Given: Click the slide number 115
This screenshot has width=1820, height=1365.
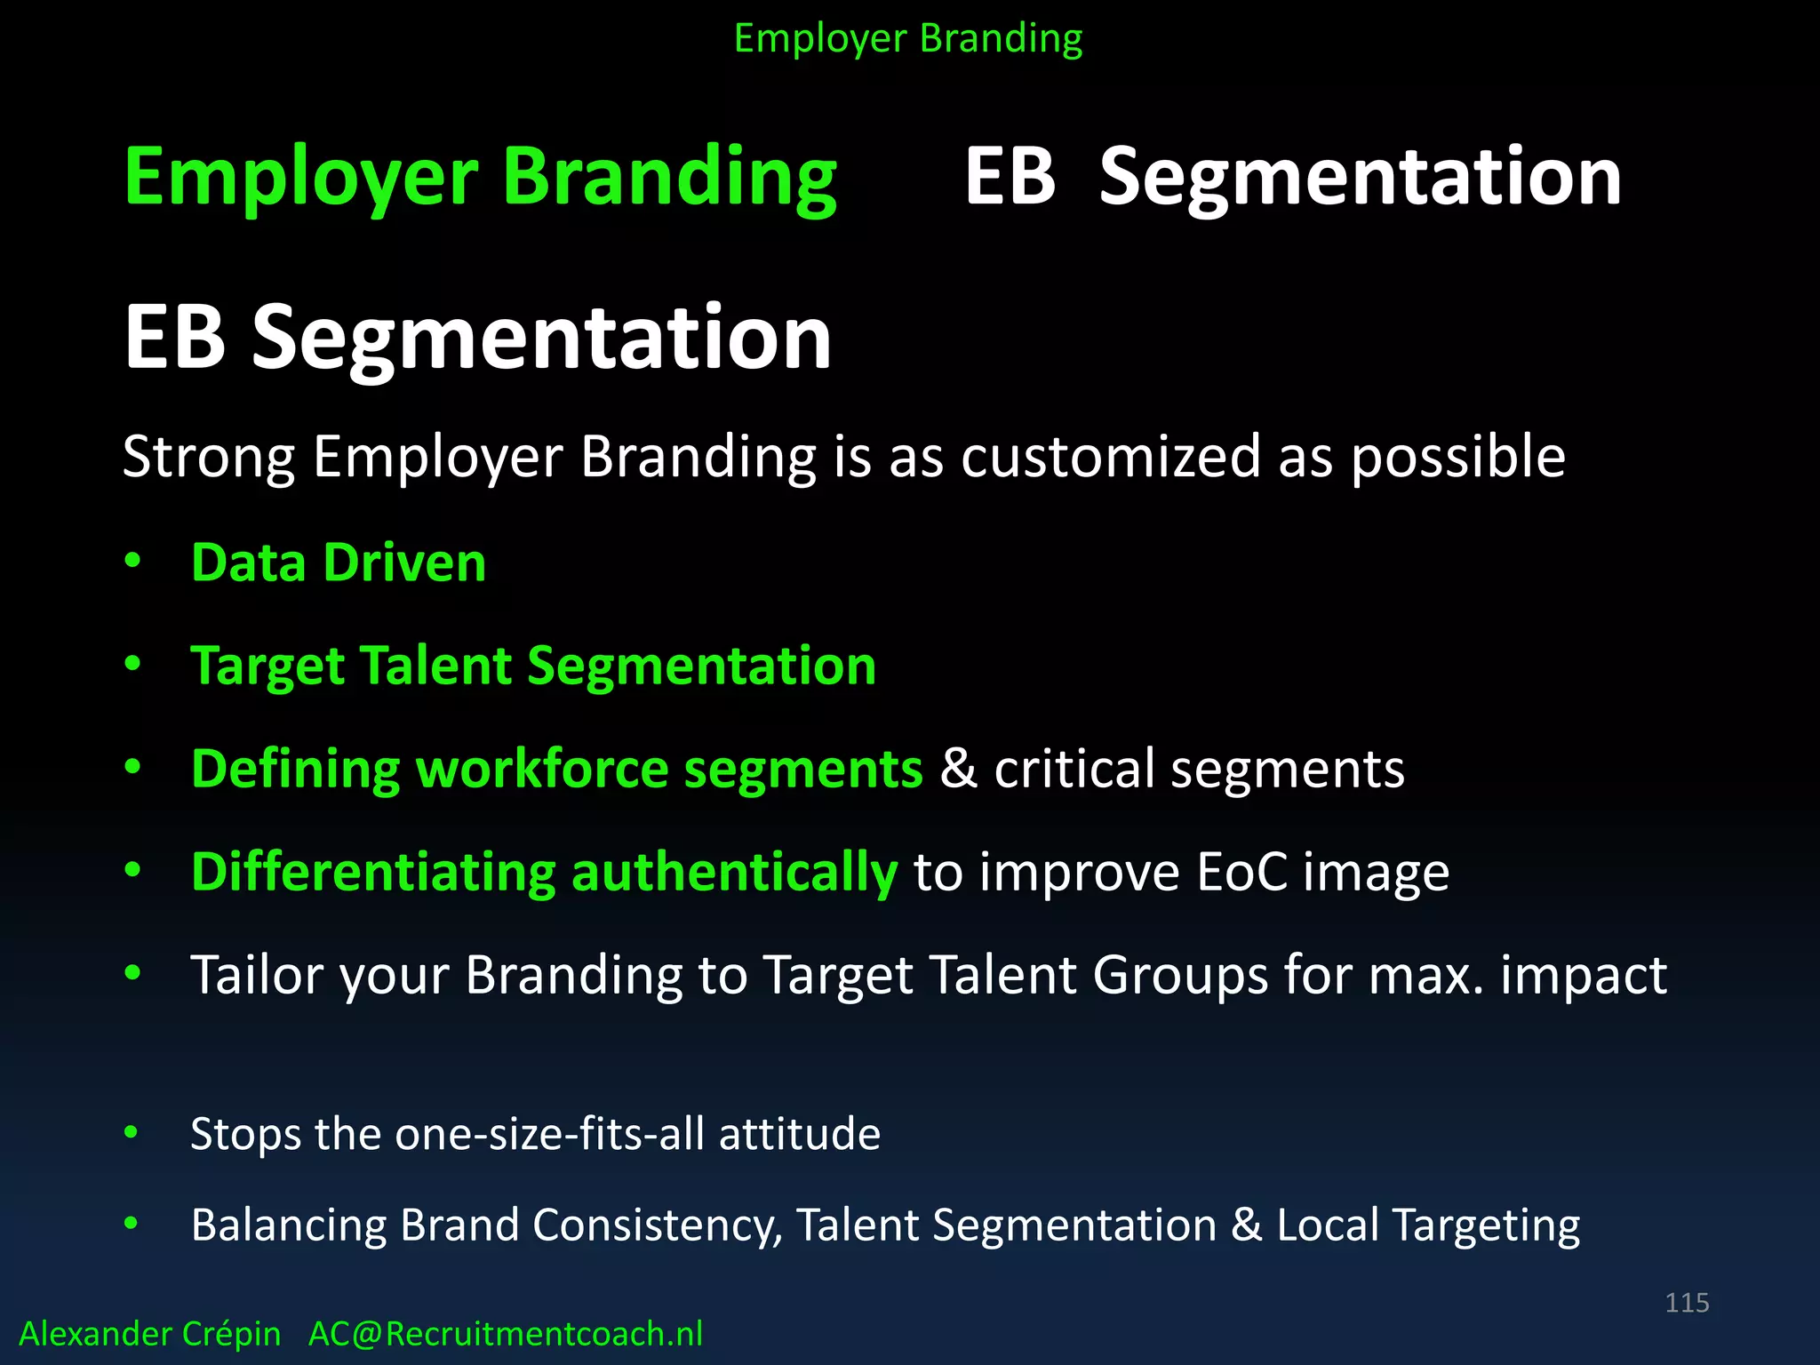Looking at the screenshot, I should click(1687, 1303).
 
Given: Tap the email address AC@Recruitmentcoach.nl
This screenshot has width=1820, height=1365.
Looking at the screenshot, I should click(505, 1334).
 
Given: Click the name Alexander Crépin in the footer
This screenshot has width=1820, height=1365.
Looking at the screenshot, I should click(149, 1334).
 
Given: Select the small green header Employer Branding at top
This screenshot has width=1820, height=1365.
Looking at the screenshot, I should click(908, 39).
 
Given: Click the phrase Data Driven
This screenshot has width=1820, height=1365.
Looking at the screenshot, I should click(339, 563).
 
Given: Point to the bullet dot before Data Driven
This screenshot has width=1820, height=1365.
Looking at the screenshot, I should click(133, 561).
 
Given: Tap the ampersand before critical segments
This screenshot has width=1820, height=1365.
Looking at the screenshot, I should click(958, 768).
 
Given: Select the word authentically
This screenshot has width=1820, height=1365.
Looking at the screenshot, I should click(734, 872).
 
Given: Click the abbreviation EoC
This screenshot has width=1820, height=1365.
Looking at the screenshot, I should click(1241, 872).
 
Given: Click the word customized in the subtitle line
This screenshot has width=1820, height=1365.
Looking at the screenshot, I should click(1110, 457).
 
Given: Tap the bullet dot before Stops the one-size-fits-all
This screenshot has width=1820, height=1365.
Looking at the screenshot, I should click(132, 1132).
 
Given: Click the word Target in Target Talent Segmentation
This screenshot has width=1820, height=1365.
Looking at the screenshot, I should click(266, 667).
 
